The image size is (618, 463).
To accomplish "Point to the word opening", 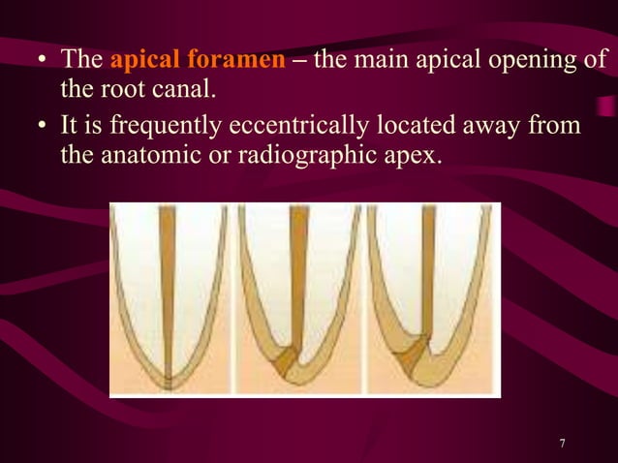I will coord(534,61).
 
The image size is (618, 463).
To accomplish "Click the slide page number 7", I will coord(563,444).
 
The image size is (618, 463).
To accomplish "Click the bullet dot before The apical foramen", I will coord(43,61).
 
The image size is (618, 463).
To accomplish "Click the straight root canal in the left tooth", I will coord(168,291).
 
